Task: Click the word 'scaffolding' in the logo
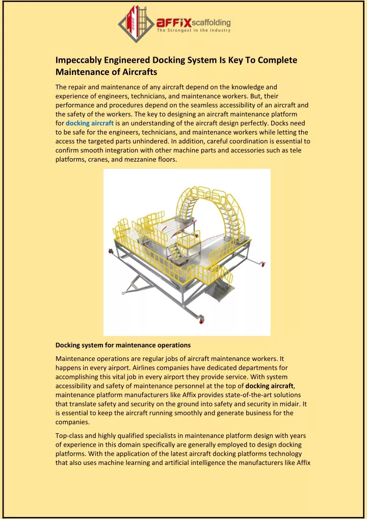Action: [x=211, y=22]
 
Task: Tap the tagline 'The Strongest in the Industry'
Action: [x=194, y=31]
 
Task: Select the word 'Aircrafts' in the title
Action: [x=137, y=72]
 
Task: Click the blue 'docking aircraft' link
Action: [x=90, y=123]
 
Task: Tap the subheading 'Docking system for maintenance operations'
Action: [x=123, y=345]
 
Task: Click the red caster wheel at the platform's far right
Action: [x=263, y=263]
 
